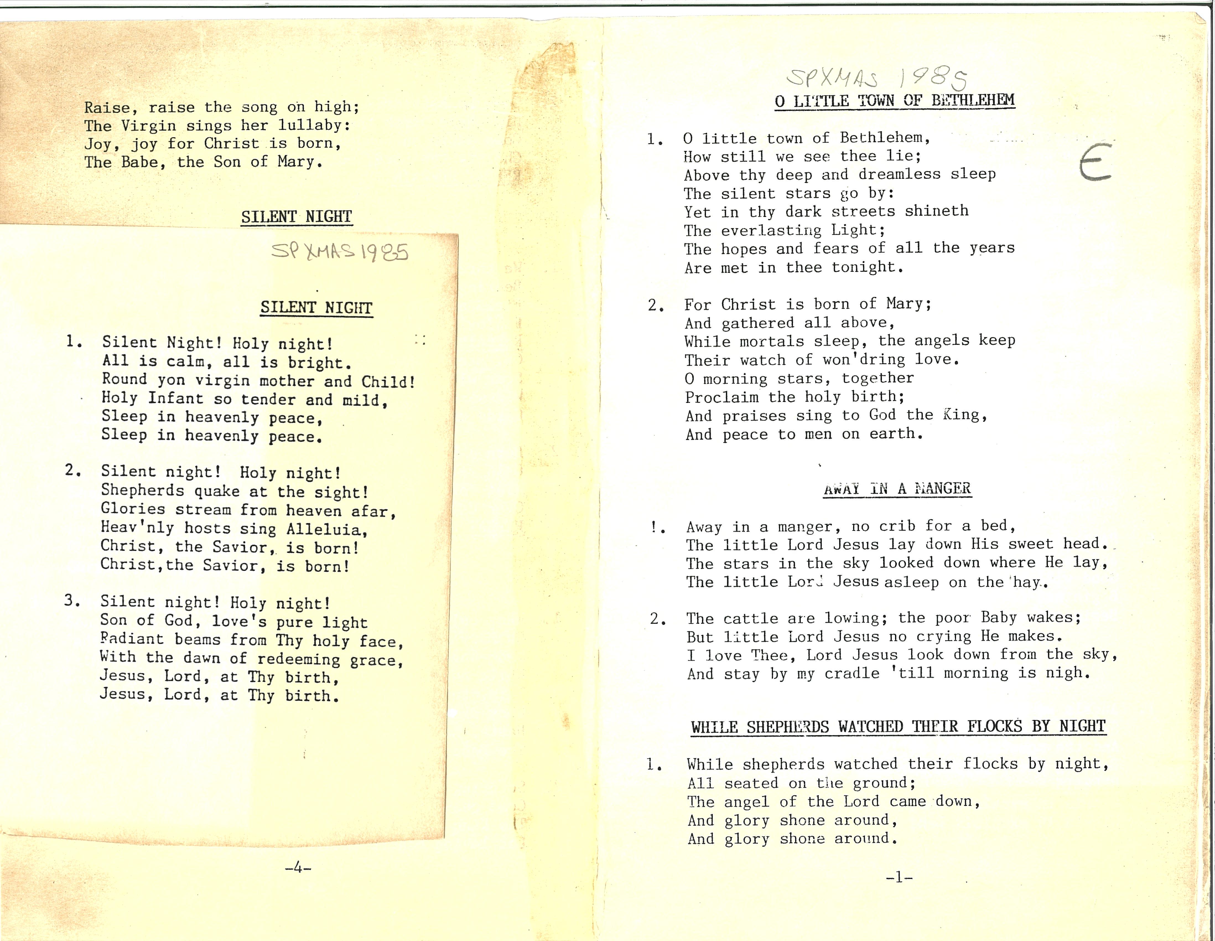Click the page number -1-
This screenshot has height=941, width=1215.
[899, 878]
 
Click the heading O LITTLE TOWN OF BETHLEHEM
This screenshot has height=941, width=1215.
[895, 101]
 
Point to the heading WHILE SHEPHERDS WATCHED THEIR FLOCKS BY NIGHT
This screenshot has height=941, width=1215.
[898, 727]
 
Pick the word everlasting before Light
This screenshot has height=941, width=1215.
[771, 230]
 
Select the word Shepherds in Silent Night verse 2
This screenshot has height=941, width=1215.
[142, 491]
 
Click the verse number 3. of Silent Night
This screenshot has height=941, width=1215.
[72, 600]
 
